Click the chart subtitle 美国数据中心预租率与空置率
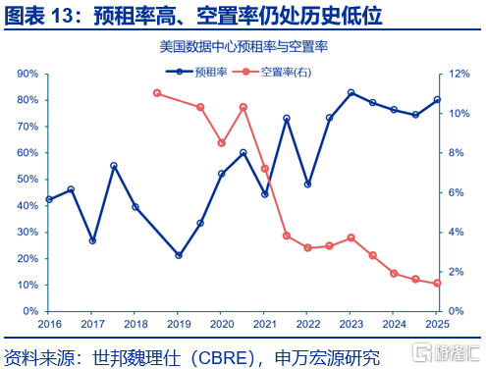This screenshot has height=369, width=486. (243, 47)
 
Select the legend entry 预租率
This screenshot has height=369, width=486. (196, 72)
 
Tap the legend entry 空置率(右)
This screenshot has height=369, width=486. (272, 72)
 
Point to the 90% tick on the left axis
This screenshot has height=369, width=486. (27, 74)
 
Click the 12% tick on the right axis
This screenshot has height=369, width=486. (459, 74)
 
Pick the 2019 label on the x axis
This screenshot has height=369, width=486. (179, 324)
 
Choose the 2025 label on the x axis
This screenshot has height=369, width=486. (437, 324)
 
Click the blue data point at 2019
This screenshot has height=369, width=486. (179, 255)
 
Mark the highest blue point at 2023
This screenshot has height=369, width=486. (351, 92)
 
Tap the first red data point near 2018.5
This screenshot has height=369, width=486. (157, 93)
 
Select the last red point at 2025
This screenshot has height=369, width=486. (437, 284)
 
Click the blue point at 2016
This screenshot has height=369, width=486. (49, 199)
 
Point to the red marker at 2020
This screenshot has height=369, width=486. (222, 143)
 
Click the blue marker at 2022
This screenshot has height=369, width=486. (307, 184)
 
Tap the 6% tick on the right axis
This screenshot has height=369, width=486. (456, 192)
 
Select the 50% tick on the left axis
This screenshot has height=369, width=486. (27, 180)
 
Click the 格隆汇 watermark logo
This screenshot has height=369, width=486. (446, 352)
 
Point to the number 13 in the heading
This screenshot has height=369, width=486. (62, 16)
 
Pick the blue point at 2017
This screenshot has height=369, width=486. (92, 241)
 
